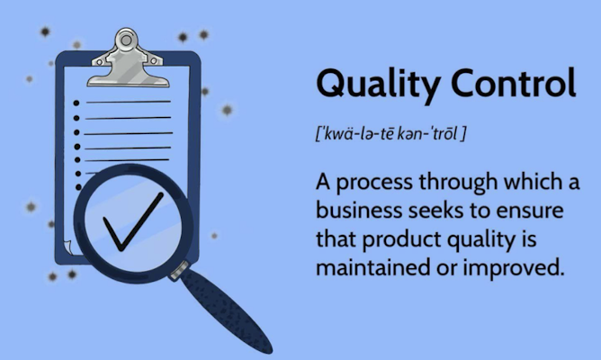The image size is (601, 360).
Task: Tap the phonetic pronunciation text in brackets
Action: pyautogui.click(x=390, y=135)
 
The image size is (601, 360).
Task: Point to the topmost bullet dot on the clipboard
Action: pyautogui.click(x=76, y=103)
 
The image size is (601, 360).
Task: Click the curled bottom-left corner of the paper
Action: pyautogui.click(x=67, y=245)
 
